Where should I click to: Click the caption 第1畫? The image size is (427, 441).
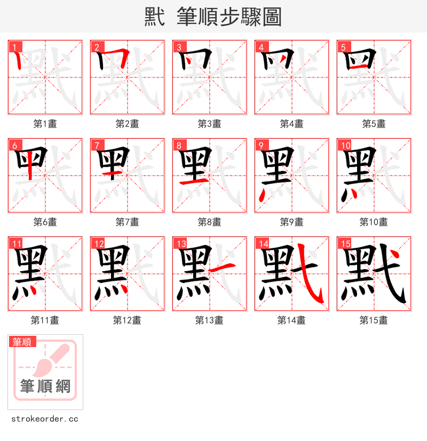tap(45, 124)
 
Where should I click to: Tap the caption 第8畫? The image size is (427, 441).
tap(210, 222)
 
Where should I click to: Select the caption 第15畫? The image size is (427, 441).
tap(374, 320)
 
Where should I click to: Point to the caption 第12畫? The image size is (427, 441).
tap(128, 320)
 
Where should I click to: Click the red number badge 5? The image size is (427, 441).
tap(343, 47)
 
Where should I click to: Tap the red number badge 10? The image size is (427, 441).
tap(345, 145)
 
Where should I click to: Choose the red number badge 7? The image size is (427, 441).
tap(97, 145)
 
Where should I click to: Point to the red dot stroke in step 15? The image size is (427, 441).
tap(394, 255)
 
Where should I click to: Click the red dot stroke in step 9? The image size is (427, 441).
tap(261, 196)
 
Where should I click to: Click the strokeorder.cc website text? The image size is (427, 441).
tap(45, 419)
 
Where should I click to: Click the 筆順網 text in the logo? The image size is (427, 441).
tap(45, 386)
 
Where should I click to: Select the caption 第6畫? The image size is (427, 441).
tap(45, 222)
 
